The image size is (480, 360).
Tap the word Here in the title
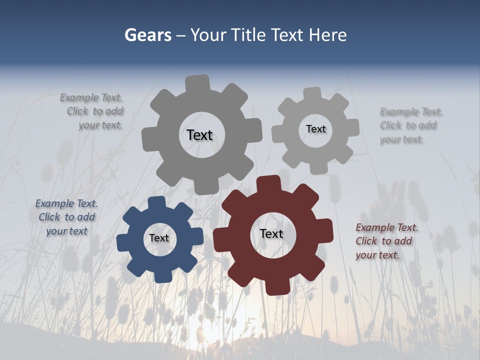point(327,35)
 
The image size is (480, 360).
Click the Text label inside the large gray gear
point(199,135)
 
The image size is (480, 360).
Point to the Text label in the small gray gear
point(315,129)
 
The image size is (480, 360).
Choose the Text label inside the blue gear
point(159,238)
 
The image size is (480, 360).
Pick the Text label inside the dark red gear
point(271,233)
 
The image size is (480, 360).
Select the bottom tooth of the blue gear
point(162,276)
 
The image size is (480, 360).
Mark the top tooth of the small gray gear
point(312,94)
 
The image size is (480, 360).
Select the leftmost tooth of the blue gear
point(123,243)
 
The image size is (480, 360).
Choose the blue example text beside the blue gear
point(66,217)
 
